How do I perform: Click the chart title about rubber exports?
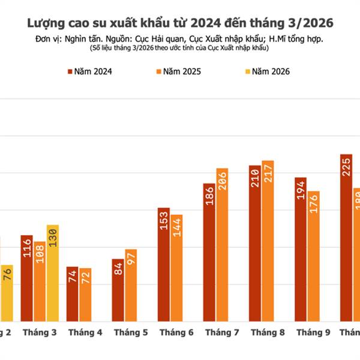tap(180, 23)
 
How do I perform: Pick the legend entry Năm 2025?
tap(178, 71)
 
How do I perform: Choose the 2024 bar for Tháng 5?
tap(118, 290)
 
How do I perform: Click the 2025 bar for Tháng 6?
tap(176, 268)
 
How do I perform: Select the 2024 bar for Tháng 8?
tap(255, 243)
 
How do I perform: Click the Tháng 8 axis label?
tap(268, 332)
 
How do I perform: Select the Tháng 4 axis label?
tap(85, 332)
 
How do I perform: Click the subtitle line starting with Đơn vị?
tap(180, 38)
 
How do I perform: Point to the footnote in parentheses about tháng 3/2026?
tap(180, 47)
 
